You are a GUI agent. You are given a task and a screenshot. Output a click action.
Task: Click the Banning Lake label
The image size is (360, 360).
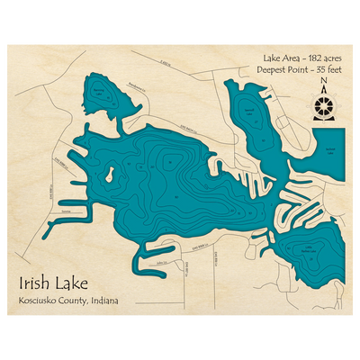[107, 93]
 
